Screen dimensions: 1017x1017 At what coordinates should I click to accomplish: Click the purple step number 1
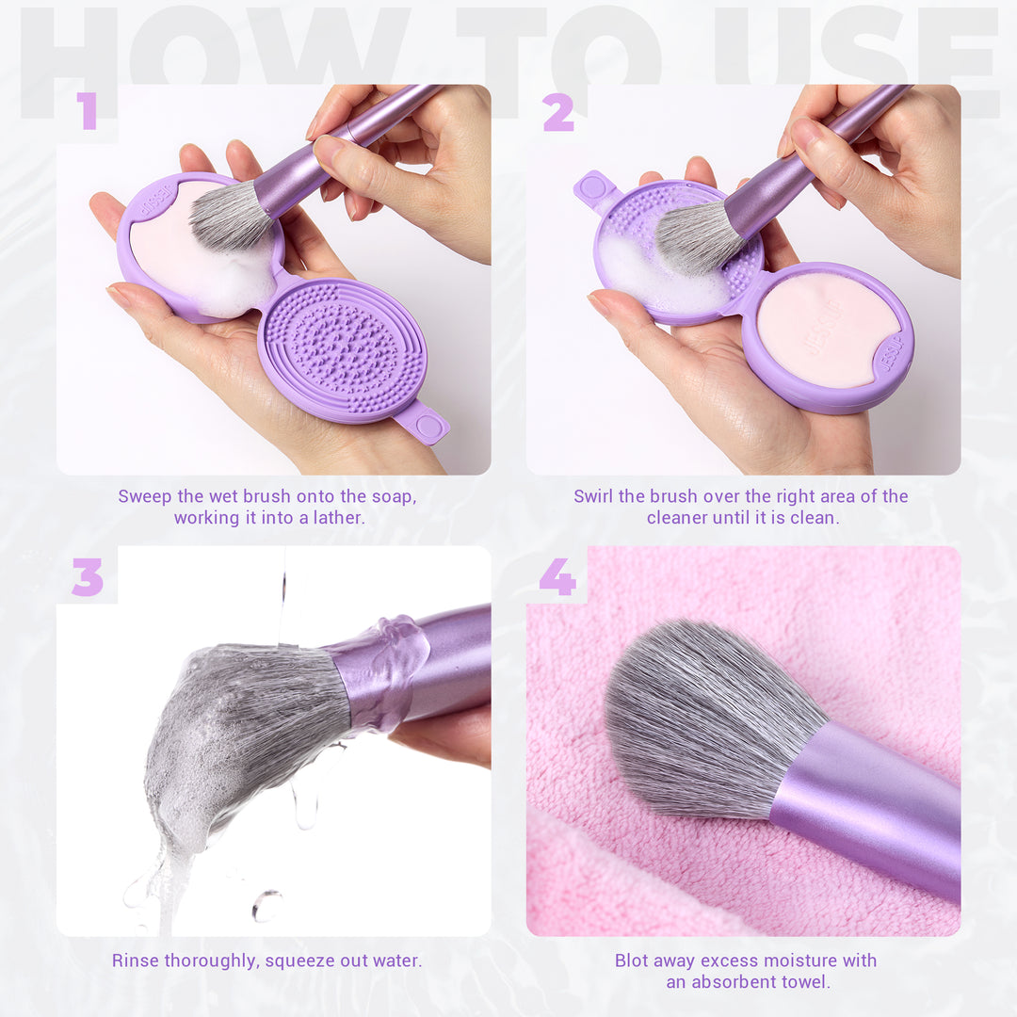click(x=87, y=111)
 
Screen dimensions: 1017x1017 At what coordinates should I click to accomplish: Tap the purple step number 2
click(x=557, y=112)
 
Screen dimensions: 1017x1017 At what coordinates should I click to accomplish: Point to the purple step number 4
click(x=557, y=576)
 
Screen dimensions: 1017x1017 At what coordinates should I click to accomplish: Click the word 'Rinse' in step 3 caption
click(x=135, y=960)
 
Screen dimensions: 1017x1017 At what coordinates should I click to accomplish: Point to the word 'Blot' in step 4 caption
click(x=631, y=960)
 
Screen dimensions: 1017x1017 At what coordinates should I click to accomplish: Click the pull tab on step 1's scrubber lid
click(x=422, y=424)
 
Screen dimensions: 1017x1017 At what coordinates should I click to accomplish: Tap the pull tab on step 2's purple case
click(x=593, y=187)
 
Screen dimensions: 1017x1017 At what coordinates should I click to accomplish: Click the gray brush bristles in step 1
click(x=230, y=214)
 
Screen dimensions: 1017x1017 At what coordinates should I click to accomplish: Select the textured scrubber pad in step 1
click(x=343, y=349)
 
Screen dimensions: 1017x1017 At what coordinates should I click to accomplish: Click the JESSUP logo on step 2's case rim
click(x=891, y=353)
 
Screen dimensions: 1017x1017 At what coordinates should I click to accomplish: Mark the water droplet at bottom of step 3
click(x=266, y=906)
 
